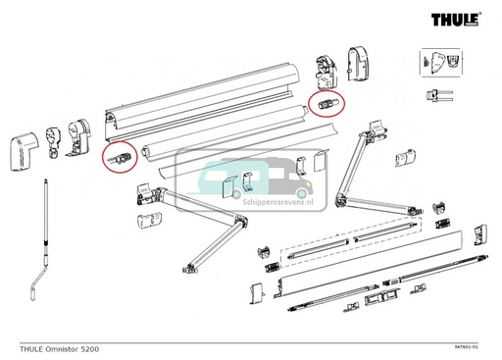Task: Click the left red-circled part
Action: (x=121, y=157)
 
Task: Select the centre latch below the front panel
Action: (x=377, y=296)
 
